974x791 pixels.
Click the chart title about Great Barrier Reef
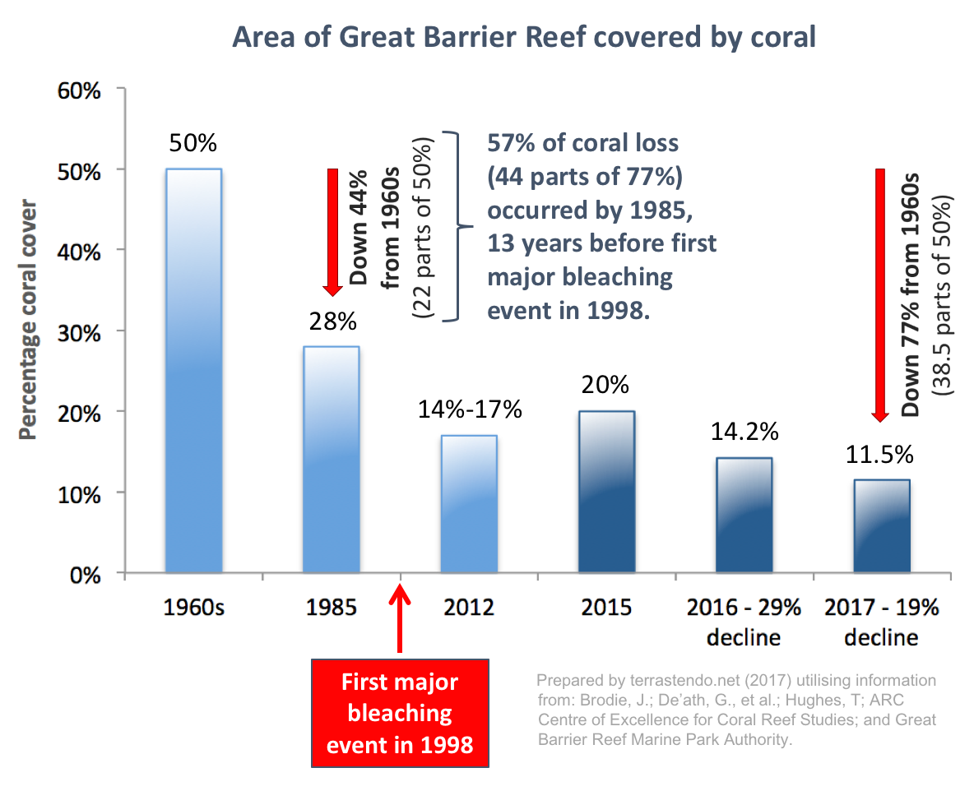524,38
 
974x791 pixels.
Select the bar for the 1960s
193,370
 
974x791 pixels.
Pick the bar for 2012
469,503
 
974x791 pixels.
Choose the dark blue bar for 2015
606,491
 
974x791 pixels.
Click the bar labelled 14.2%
744,515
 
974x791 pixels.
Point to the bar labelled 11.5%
881,525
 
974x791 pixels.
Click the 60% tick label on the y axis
80,89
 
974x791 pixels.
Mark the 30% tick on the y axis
80,331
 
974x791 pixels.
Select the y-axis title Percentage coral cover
29,320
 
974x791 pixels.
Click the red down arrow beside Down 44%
332,231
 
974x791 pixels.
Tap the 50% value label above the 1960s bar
193,143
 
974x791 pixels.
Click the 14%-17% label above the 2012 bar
469,409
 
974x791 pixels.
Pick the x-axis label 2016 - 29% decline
744,622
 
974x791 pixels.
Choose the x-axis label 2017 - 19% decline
881,622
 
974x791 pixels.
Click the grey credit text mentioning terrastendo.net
736,710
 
